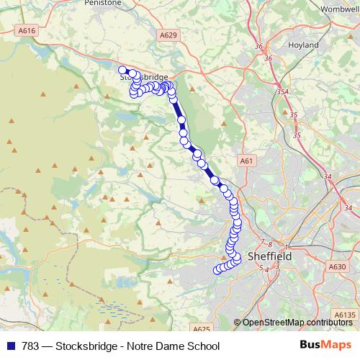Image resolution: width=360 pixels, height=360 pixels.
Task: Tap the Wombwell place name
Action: (339, 8)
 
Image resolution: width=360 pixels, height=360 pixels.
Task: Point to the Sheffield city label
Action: (269, 256)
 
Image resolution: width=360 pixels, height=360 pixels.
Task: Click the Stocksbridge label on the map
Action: (144, 77)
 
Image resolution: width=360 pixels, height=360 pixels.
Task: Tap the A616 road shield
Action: (27, 31)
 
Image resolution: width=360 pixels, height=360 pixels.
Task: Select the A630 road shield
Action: (338, 266)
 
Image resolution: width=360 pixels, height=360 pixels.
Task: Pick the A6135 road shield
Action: (346, 315)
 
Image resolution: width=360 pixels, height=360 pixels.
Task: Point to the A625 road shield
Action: (202, 329)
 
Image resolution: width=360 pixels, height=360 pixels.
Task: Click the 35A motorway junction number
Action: (282, 92)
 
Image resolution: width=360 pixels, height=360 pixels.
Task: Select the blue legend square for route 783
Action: (10, 346)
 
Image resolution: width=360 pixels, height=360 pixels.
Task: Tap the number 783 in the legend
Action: (30, 346)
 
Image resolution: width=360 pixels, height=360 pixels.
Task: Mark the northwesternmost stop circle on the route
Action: (123, 70)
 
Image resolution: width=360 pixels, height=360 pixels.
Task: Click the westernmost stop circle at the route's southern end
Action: (216, 271)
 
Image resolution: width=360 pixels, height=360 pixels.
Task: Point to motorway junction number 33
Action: (348, 209)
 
